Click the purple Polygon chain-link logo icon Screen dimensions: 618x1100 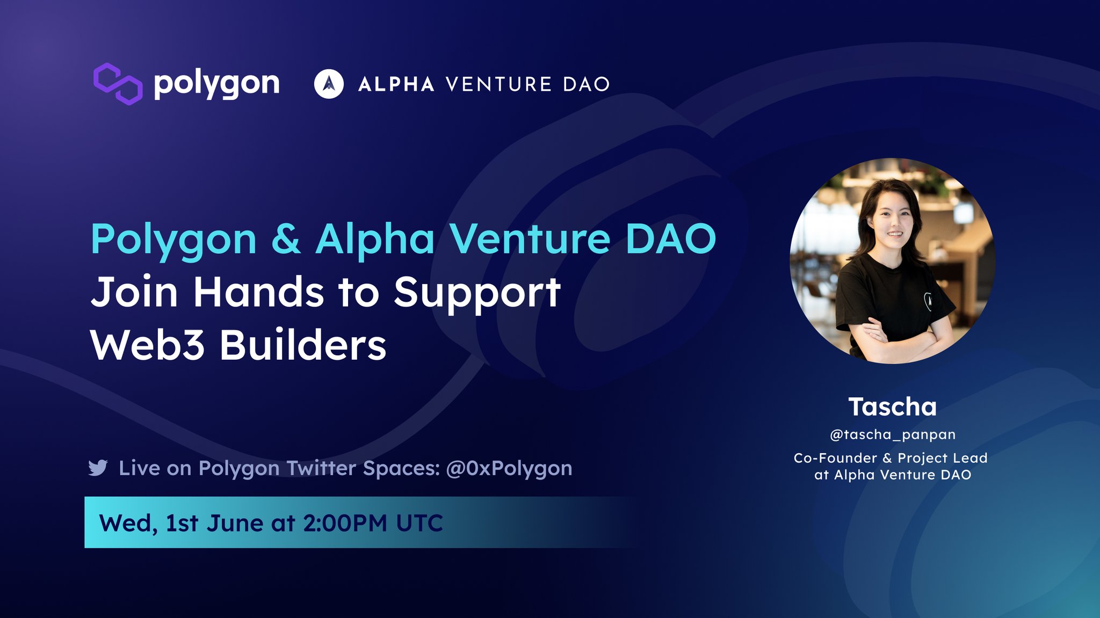coord(118,84)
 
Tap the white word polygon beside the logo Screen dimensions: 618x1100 coord(216,84)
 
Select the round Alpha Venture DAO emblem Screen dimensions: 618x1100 coord(329,84)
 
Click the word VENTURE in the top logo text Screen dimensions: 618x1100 coord(498,84)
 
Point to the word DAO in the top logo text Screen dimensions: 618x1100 coord(586,84)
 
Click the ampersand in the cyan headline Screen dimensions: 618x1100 coord(286,239)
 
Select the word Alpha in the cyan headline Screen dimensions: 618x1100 coord(374,240)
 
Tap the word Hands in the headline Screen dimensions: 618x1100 coord(258,293)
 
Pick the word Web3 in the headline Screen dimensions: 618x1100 coord(147,345)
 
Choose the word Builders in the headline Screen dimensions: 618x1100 coord(303,345)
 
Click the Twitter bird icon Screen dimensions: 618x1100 coord(98,468)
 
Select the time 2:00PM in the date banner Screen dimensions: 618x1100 coord(345,523)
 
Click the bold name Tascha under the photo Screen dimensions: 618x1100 coord(892,407)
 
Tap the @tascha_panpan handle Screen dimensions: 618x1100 coord(892,434)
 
